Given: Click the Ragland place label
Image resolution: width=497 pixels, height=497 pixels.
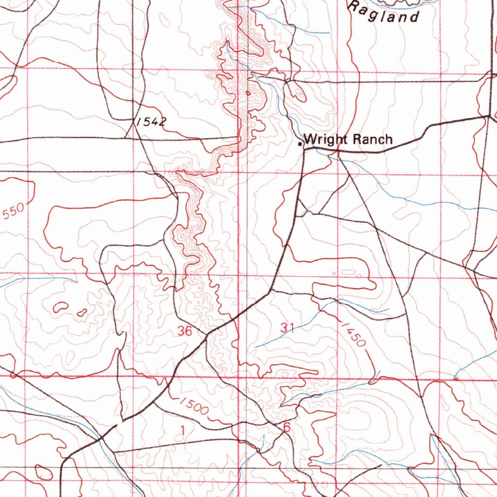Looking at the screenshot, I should (383, 13).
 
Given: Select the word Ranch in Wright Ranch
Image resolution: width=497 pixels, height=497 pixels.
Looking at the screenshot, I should (372, 139).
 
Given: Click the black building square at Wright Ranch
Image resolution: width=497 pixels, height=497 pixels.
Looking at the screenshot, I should (300, 144).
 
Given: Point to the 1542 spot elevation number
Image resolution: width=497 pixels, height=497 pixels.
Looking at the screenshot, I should (151, 121).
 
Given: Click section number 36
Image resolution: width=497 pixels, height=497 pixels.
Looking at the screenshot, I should (185, 331).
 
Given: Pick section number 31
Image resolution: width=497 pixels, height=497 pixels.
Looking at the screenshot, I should (287, 328).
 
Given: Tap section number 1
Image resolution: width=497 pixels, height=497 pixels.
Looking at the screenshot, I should (182, 430).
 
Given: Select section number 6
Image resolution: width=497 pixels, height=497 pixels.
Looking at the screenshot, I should (286, 428).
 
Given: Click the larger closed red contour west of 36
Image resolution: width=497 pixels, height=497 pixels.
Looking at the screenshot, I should (61, 307).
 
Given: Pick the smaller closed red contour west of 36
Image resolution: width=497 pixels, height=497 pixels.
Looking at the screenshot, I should (82, 313).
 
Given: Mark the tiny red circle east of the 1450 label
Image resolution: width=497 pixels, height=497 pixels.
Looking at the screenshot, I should (455, 378).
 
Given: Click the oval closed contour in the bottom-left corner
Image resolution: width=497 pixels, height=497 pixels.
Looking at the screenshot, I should (43, 472).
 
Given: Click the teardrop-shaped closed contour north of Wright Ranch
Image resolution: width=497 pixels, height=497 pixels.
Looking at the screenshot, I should (296, 91).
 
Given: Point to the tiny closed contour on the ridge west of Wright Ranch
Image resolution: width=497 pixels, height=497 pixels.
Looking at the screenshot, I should (248, 93).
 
